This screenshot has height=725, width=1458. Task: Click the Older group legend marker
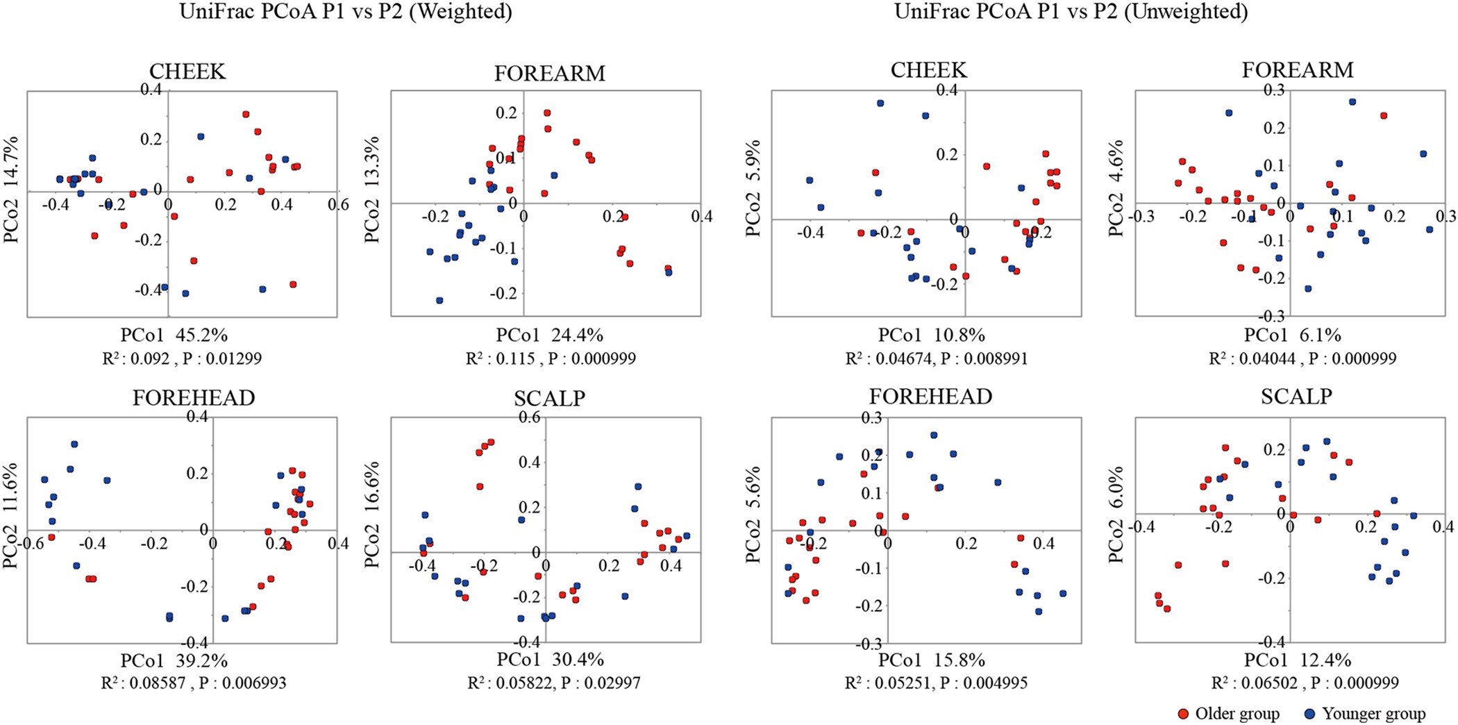tap(1184, 714)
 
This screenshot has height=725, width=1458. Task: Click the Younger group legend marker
tap(1310, 714)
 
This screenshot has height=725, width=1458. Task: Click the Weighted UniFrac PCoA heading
tap(345, 12)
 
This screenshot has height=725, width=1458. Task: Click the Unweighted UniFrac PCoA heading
tap(1071, 12)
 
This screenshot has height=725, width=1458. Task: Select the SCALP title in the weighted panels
tap(549, 398)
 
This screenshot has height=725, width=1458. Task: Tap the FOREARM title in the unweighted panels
tap(1297, 70)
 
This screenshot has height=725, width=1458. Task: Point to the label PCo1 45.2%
tap(174, 335)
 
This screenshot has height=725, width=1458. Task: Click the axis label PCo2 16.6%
tap(373, 514)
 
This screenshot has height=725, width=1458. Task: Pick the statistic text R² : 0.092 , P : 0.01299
tap(182, 358)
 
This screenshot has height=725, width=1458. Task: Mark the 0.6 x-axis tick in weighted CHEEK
tap(338, 206)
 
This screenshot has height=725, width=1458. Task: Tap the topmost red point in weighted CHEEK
tap(246, 115)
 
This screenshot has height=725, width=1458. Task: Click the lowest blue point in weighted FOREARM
tap(439, 301)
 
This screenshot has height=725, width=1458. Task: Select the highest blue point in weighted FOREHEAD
tap(74, 444)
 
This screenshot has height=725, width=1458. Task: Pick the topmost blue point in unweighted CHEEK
tap(880, 103)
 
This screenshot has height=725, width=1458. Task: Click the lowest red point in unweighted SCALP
tap(1167, 609)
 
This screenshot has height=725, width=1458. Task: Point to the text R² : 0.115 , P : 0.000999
tap(551, 358)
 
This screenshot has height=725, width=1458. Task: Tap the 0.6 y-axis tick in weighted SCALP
tap(530, 417)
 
